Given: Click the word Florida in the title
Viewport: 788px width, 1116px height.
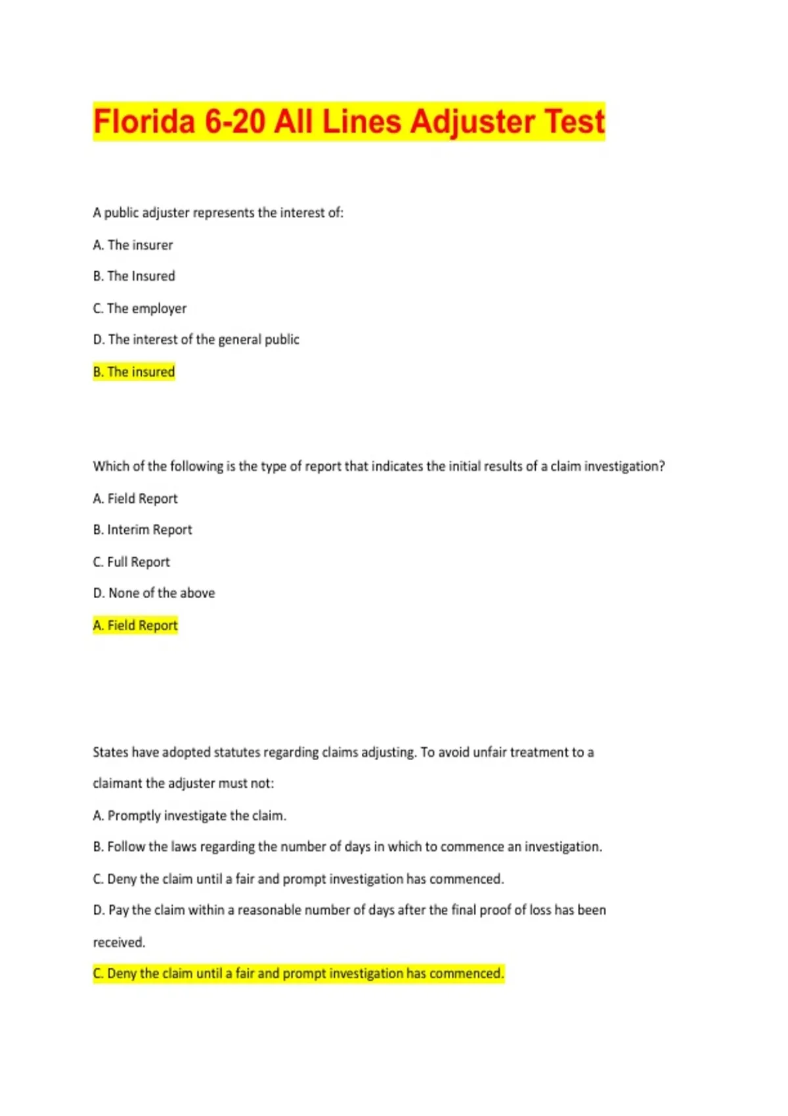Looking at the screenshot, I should pyautogui.click(x=144, y=122).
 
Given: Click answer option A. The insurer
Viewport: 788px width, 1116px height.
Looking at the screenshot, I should pyautogui.click(x=133, y=245).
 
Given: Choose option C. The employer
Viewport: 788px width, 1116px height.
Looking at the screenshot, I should pyautogui.click(x=139, y=309).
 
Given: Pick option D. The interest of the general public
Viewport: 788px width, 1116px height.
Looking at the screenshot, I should pyautogui.click(x=196, y=339).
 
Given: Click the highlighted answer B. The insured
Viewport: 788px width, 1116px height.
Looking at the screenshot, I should pyautogui.click(x=134, y=372).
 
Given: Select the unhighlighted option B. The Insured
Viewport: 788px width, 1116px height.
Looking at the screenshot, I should pyautogui.click(x=134, y=276).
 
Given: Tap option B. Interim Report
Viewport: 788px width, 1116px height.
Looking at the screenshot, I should pyautogui.click(x=142, y=530).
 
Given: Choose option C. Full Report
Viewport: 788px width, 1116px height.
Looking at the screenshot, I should pyautogui.click(x=131, y=562).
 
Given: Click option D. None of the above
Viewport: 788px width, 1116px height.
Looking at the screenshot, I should pyautogui.click(x=154, y=593).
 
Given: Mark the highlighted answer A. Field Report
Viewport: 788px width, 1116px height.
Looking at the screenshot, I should pyautogui.click(x=135, y=625).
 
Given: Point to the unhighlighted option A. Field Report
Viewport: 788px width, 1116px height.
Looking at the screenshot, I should pyautogui.click(x=135, y=499).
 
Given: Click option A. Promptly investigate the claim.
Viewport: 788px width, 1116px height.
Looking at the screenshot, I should pyautogui.click(x=189, y=815).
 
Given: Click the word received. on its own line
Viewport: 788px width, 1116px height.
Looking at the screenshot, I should pyautogui.click(x=119, y=942).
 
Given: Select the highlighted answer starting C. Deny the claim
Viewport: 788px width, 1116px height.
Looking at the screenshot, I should pyautogui.click(x=298, y=973).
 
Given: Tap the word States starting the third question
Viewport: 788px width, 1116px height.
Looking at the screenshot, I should pyautogui.click(x=110, y=752).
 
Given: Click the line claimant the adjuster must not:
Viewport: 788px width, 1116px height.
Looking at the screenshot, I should pyautogui.click(x=183, y=783).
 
